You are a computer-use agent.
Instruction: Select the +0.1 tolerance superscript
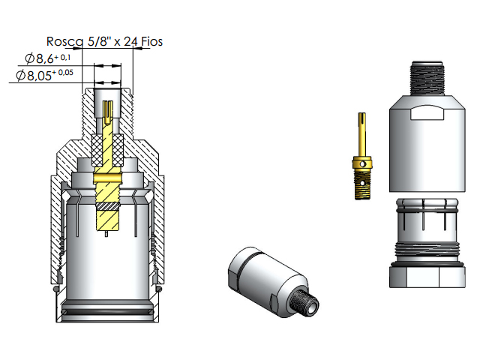(x=65, y=55)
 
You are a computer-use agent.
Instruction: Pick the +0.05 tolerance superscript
(x=69, y=72)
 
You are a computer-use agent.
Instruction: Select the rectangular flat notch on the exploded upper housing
(x=428, y=114)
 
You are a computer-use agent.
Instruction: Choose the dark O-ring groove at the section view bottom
(x=107, y=310)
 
